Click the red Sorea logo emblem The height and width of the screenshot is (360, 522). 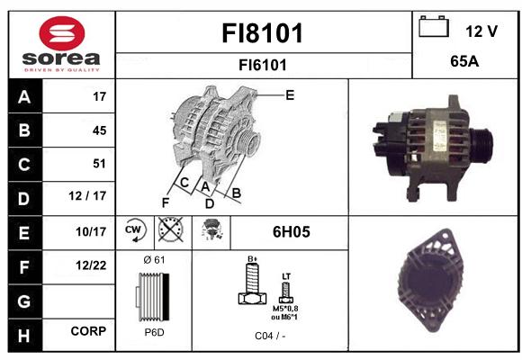coord(62,33)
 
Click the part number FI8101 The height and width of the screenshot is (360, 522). coord(263,33)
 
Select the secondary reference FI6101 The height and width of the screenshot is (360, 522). coord(263,65)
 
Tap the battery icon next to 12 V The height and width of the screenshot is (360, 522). coord(434,26)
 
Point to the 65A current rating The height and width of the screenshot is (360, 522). coord(464,61)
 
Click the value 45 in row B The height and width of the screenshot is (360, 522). coord(100,130)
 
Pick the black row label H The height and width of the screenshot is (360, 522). coord(24,335)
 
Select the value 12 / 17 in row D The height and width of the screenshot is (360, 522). coord(87,196)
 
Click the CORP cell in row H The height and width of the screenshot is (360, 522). coord(88,331)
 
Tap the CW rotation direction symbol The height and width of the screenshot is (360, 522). coord(134,229)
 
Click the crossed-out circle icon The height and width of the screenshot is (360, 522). coord(170,229)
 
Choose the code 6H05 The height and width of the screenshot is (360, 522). coord(292,232)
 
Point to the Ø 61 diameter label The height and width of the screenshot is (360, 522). coord(154,260)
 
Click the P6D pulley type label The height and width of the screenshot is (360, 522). coord(154,332)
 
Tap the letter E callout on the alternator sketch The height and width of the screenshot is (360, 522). coord(290,95)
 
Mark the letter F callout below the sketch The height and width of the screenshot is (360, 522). coord(166,202)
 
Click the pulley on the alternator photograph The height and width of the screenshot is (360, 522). coord(482,146)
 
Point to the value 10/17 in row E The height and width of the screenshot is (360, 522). coord(91,232)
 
